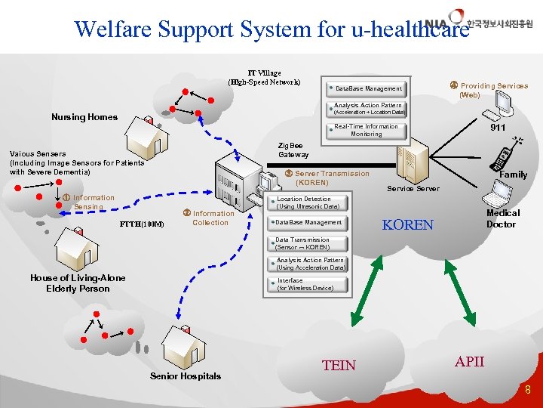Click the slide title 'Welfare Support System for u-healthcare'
pos(266,29)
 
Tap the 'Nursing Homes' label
pos(84,117)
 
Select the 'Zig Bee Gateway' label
pos(293,150)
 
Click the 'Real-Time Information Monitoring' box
pos(367,130)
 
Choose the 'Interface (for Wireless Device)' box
pos(305,284)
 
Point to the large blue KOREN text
pos(408,225)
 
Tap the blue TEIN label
pos(339,366)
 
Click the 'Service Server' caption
pos(413,188)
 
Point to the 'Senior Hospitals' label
pos(186,376)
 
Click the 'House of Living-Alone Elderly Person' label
pos(78,283)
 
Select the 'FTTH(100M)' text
pos(143,224)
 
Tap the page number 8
pos(528,391)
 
